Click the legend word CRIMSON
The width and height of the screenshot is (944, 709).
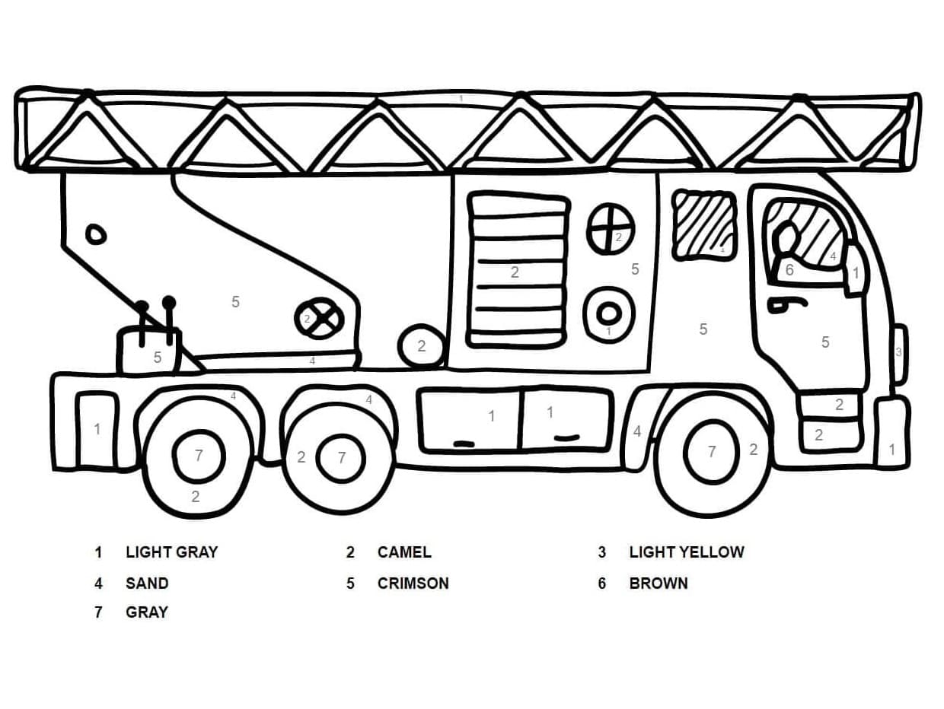tap(413, 583)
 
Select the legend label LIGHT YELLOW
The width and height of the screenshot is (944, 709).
tap(686, 552)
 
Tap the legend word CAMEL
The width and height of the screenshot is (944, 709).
tap(404, 552)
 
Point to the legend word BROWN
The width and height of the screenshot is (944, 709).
tap(659, 583)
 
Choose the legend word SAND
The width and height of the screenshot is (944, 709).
tap(147, 583)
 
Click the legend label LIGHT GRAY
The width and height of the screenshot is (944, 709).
tap(171, 552)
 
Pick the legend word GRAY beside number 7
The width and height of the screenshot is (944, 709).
tap(147, 612)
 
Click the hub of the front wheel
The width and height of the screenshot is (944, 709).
tap(711, 452)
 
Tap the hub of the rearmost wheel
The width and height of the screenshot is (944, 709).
tap(198, 456)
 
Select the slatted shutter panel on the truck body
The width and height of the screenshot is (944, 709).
tap(518, 271)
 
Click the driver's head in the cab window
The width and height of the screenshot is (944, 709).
tap(785, 237)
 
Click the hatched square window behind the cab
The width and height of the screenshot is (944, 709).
tap(705, 224)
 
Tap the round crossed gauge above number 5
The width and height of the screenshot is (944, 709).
tap(611, 229)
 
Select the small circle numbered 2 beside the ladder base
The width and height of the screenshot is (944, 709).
tap(422, 347)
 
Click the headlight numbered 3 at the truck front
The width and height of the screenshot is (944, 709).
tap(899, 353)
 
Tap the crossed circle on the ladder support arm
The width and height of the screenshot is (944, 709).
tap(319, 320)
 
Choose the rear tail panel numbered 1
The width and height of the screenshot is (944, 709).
tap(97, 429)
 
